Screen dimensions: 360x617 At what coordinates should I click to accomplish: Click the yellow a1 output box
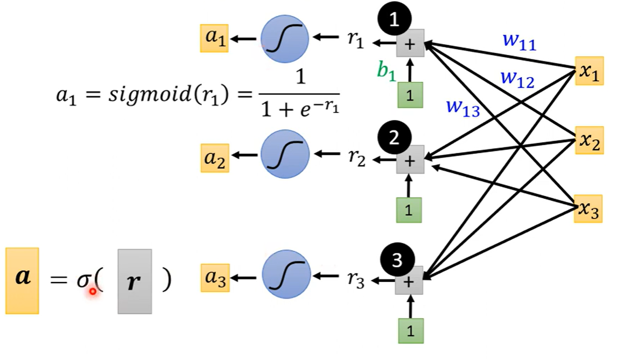tap(214, 39)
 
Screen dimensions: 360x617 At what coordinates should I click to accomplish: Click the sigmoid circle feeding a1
tap(285, 39)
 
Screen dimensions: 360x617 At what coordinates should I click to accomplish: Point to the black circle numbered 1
tap(395, 20)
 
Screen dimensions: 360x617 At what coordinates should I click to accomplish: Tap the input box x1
tap(588, 71)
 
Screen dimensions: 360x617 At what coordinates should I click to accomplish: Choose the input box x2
tap(588, 141)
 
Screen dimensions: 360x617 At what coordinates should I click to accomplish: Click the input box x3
tap(588, 209)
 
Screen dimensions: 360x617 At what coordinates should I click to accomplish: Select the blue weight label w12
tap(517, 79)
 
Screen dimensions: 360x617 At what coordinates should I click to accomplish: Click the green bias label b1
tap(386, 70)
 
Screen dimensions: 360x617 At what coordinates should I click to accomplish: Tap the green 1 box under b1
tap(410, 95)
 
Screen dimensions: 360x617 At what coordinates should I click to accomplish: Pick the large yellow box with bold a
tap(22, 280)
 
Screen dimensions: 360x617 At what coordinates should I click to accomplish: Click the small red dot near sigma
tap(93, 291)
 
